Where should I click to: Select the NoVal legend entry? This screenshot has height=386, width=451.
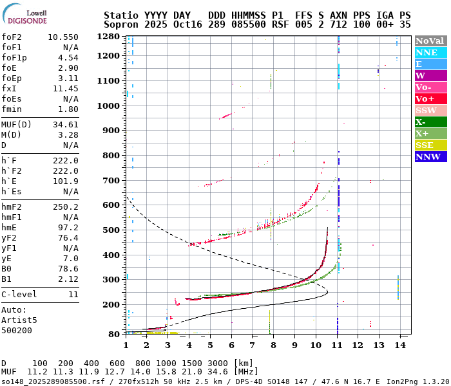(x=430, y=41)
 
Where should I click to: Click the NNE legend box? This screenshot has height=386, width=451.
(x=430, y=52)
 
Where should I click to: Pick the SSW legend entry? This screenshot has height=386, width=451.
(x=430, y=110)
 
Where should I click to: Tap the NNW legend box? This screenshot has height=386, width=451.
(x=430, y=156)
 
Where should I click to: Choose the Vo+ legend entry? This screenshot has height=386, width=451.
(x=430, y=98)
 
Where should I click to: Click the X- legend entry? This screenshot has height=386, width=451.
(x=430, y=122)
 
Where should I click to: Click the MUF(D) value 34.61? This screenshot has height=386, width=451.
(x=66, y=125)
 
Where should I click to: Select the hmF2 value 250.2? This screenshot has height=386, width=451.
(x=66, y=207)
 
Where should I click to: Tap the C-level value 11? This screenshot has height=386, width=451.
(x=73, y=294)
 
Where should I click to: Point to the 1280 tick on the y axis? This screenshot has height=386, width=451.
(x=109, y=37)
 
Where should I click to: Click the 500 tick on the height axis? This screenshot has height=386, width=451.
(x=111, y=230)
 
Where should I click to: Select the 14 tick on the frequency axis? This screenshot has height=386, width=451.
(x=400, y=345)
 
